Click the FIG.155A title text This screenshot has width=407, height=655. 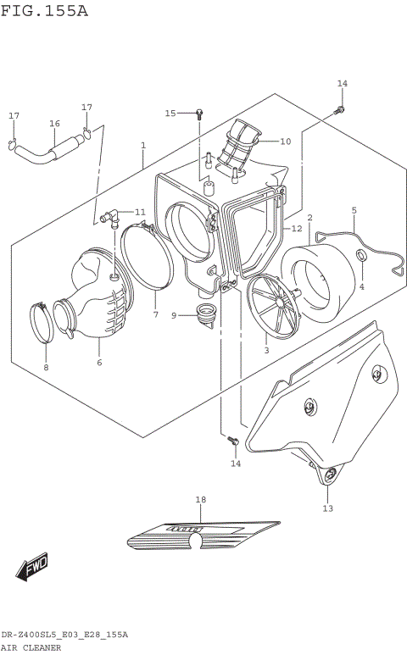[x=44, y=11]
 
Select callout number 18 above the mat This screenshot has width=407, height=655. [x=201, y=500]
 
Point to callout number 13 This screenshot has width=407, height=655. [x=327, y=508]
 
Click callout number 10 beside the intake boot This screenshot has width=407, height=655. [x=285, y=142]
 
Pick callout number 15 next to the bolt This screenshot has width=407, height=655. [x=170, y=113]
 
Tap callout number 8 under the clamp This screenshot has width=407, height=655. [x=46, y=367]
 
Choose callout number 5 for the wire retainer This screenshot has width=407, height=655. [x=354, y=210]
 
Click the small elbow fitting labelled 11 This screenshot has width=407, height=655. [x=108, y=218]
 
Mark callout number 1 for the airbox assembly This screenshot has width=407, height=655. [x=143, y=146]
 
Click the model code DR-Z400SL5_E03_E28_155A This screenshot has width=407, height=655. [x=64, y=636]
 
